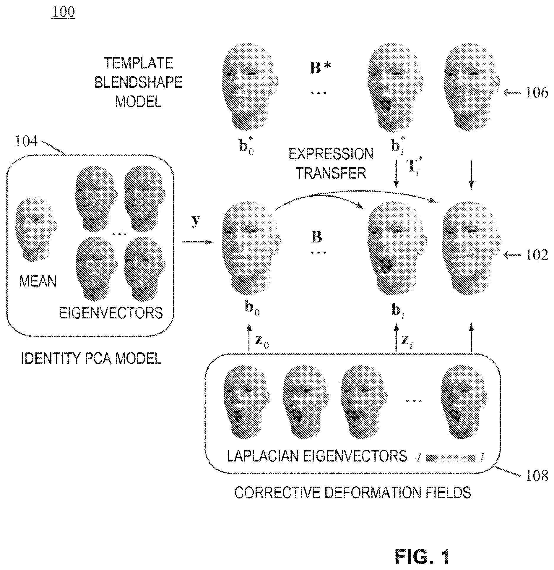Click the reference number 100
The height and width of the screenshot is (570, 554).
coord(63,12)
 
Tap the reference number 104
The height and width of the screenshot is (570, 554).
coord(27,141)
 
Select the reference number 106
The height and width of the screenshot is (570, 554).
coord(537,93)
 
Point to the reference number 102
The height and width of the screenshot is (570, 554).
coord(537,255)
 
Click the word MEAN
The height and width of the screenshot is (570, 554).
coord(38,281)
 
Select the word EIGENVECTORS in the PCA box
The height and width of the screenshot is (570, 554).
coord(111,313)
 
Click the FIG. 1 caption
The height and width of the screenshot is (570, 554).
coord(422,557)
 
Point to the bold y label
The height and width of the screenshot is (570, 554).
coord(196,221)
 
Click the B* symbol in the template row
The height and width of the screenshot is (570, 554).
coord(320,67)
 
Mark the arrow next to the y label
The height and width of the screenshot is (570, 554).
coord(197,242)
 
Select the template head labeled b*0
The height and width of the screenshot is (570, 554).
coord(249,88)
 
